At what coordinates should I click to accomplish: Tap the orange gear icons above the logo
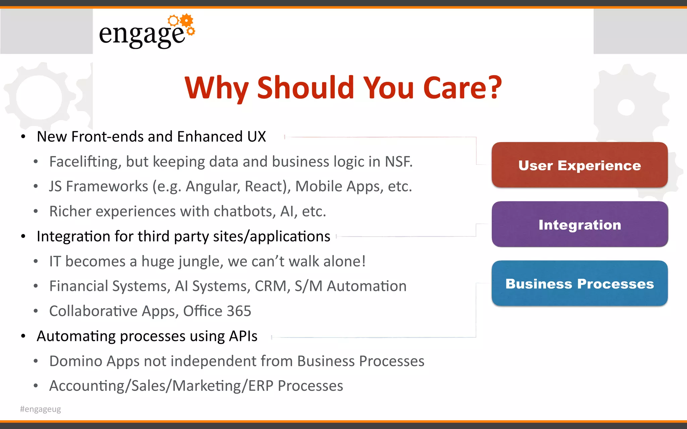[182, 22]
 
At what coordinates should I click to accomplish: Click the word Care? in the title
[462, 88]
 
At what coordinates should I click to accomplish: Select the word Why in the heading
[217, 88]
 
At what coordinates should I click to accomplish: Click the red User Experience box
[579, 165]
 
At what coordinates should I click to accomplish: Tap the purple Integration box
[579, 224]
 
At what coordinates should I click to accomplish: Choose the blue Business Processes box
[579, 284]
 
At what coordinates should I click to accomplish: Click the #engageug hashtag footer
[41, 409]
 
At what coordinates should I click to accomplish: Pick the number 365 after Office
[239, 311]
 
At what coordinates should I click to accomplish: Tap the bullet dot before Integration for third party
[23, 237]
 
